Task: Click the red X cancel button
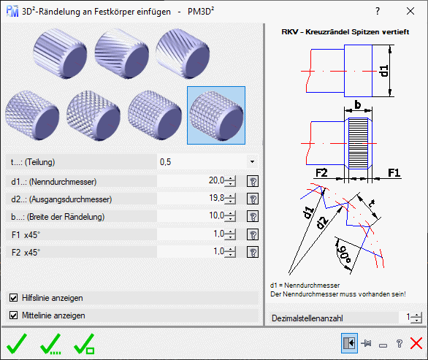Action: (416, 343)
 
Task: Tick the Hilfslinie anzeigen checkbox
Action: (14, 298)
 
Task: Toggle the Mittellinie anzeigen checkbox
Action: (14, 315)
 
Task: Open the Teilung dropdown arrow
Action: (252, 161)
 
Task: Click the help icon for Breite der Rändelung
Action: (253, 216)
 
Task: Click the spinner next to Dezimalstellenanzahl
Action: (416, 318)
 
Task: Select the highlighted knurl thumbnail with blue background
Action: (215, 112)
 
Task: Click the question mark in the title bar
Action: (378, 11)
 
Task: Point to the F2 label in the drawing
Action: (322, 173)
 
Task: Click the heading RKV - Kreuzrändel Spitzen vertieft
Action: (345, 32)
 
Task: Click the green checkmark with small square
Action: (85, 343)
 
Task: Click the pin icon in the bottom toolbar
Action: (367, 343)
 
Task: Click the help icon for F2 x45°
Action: (253, 251)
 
